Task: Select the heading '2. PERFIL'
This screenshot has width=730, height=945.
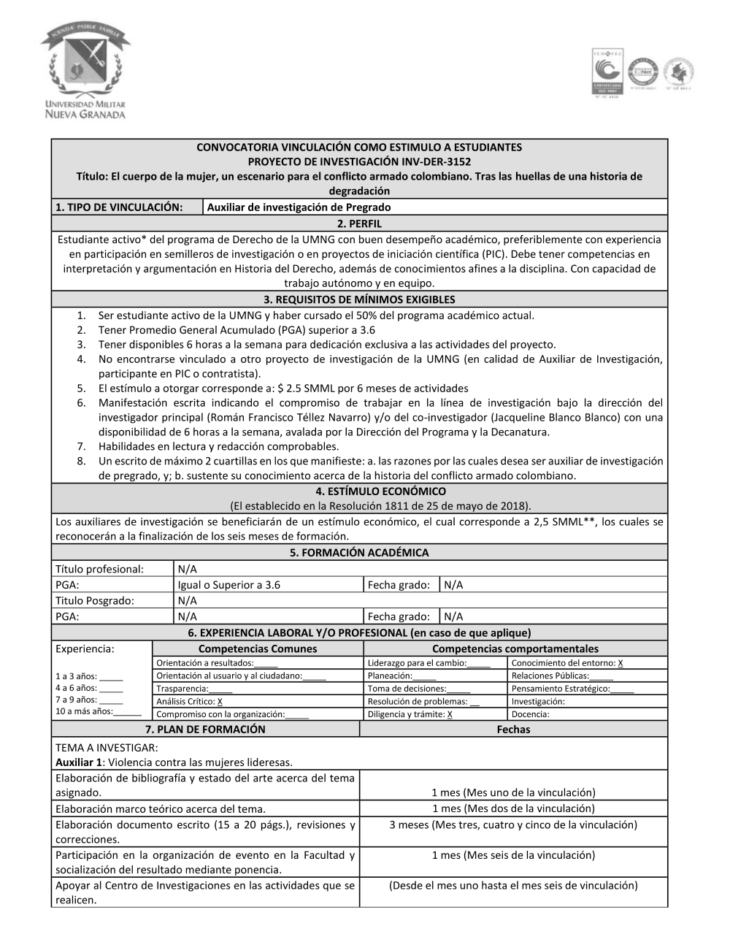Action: point(359,223)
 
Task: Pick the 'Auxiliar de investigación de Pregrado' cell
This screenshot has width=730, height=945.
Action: point(299,207)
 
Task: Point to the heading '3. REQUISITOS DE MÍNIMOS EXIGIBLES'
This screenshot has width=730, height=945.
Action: point(359,299)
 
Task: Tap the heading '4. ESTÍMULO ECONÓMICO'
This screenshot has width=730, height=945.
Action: point(359,491)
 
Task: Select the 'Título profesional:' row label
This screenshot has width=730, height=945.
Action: point(100,569)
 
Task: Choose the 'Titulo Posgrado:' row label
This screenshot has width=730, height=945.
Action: point(95,600)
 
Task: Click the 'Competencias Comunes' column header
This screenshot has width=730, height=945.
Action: point(258,649)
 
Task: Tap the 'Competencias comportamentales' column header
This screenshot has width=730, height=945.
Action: point(515,649)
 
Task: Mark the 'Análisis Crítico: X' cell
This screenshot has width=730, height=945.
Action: point(190,701)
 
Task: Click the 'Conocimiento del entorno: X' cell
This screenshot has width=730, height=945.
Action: point(567,663)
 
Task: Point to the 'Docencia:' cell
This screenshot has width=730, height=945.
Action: point(531,714)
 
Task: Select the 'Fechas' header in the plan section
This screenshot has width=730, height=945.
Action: point(513,730)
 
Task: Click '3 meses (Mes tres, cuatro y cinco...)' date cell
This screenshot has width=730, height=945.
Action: point(513,825)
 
